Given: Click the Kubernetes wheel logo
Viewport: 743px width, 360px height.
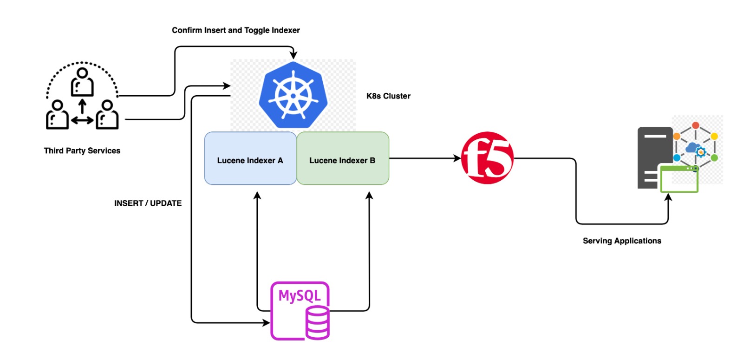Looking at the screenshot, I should pos(293,96).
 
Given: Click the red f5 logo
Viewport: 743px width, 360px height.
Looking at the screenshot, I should pos(487,158).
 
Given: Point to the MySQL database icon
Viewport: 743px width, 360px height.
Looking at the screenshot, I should pos(300,310).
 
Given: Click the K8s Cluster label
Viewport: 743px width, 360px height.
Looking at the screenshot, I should pos(388,96).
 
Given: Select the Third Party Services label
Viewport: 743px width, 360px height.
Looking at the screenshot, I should pos(82,151).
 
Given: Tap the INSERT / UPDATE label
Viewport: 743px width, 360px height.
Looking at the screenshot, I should pos(148,203).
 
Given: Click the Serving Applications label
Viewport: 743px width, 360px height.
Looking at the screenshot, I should pos(622,241).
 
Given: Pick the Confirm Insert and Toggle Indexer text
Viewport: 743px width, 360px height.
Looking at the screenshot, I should pos(235,30).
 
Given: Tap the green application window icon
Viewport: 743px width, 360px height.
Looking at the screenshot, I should pos(679,179).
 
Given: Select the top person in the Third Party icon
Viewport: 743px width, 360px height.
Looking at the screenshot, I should pos(82,82).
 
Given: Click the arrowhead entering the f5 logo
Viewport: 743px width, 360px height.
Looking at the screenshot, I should pos(457,158).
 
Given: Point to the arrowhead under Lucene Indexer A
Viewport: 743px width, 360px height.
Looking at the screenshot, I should pos(257,196).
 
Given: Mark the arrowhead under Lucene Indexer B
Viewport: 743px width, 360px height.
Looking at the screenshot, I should pos(369,196).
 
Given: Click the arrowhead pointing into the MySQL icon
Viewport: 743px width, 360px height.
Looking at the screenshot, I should pos(266,322).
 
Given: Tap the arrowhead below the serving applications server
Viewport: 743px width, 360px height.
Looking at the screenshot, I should pos(668,197).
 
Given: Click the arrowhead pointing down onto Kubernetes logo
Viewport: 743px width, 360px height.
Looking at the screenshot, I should pos(293,55).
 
